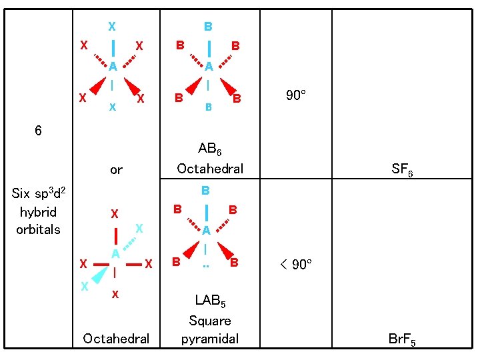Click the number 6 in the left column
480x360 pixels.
(38, 131)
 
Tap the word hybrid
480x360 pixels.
(38, 212)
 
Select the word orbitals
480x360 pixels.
(38, 229)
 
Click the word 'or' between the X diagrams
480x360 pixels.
(116, 170)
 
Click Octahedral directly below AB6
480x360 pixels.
(209, 169)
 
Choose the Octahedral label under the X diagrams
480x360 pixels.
(116, 339)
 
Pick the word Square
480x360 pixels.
(209, 321)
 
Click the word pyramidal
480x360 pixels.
(209, 339)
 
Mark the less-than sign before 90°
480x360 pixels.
(283, 265)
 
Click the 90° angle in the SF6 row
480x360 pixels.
(295, 95)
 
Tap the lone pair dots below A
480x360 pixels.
(207, 266)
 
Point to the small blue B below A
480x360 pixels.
(208, 107)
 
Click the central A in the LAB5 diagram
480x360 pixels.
(207, 231)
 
